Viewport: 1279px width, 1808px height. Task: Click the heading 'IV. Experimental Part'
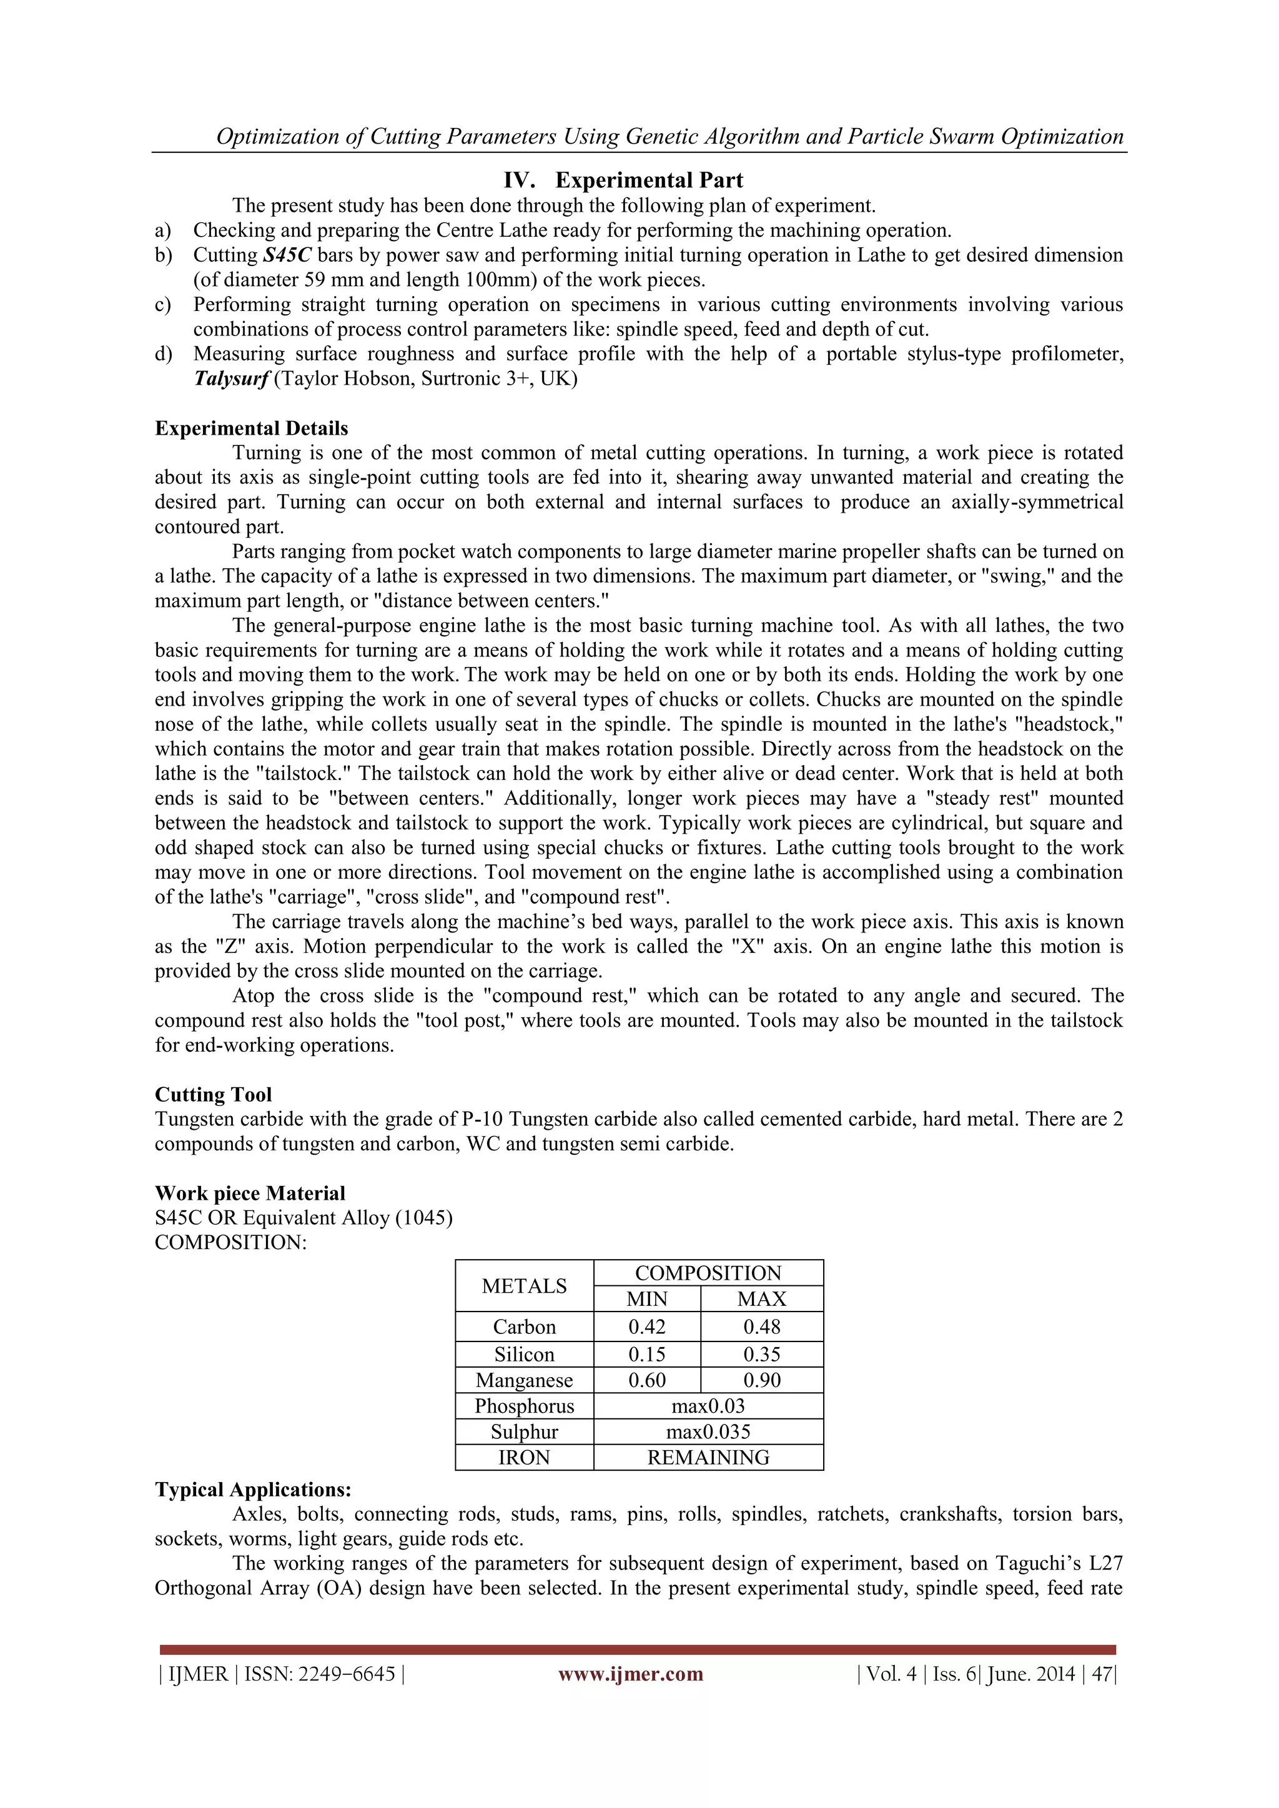point(623,180)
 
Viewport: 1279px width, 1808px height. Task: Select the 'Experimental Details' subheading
point(251,428)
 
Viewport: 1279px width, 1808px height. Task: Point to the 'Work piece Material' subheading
point(250,1193)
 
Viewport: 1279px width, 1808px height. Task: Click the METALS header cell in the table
point(524,1286)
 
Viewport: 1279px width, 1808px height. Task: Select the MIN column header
point(646,1299)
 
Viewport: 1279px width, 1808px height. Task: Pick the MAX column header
point(761,1299)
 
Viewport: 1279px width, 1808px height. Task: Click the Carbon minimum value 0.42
point(646,1327)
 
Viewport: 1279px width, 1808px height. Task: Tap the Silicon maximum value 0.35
point(761,1355)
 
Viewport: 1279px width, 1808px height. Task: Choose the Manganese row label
point(524,1380)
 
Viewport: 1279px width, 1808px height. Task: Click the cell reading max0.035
point(708,1431)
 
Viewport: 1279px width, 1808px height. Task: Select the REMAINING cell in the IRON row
point(708,1458)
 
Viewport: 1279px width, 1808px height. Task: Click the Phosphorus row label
point(524,1406)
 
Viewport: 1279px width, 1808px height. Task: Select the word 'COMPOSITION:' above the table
point(230,1243)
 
